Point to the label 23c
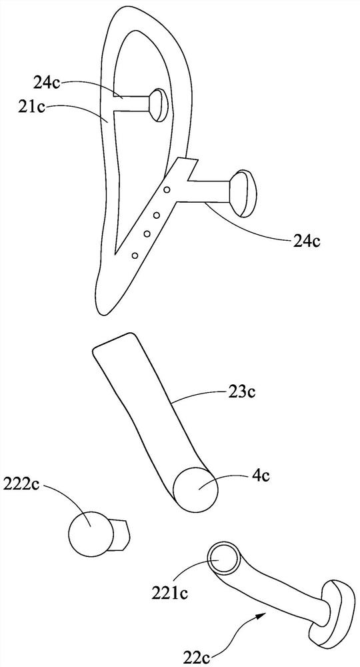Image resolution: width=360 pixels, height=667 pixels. click(x=241, y=392)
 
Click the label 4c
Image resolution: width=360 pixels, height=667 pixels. click(x=261, y=476)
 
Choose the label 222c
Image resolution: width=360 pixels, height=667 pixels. click(x=21, y=484)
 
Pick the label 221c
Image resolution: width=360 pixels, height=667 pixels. click(x=170, y=594)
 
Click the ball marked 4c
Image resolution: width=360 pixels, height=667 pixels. click(x=196, y=489)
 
